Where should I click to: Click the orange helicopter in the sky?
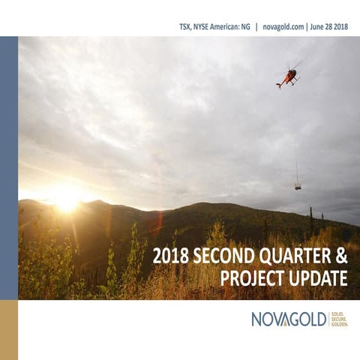pyautogui.click(x=287, y=77)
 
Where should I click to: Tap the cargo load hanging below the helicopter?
pyautogui.click(x=298, y=185)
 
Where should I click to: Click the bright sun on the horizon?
pyautogui.click(x=66, y=199)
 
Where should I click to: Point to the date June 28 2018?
pyautogui.click(x=333, y=26)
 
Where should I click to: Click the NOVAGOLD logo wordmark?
pyautogui.click(x=289, y=319)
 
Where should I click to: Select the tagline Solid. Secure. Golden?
pyautogui.click(x=339, y=319)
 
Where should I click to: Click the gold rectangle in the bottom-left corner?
pyautogui.click(x=8, y=330)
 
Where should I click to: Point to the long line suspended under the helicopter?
pyautogui.click(x=295, y=135)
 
